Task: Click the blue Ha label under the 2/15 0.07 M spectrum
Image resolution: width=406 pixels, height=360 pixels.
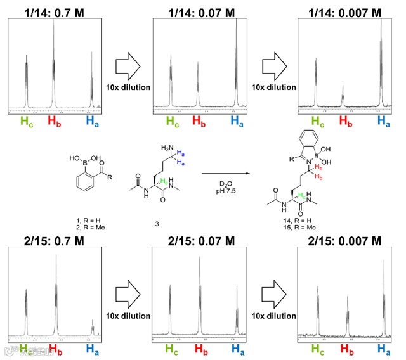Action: [x=237, y=349]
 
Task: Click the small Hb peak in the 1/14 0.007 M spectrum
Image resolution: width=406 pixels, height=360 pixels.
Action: [x=343, y=96]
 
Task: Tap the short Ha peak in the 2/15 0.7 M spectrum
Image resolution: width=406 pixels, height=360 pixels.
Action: [x=93, y=328]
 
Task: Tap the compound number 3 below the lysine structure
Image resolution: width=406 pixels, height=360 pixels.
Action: [x=156, y=224]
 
